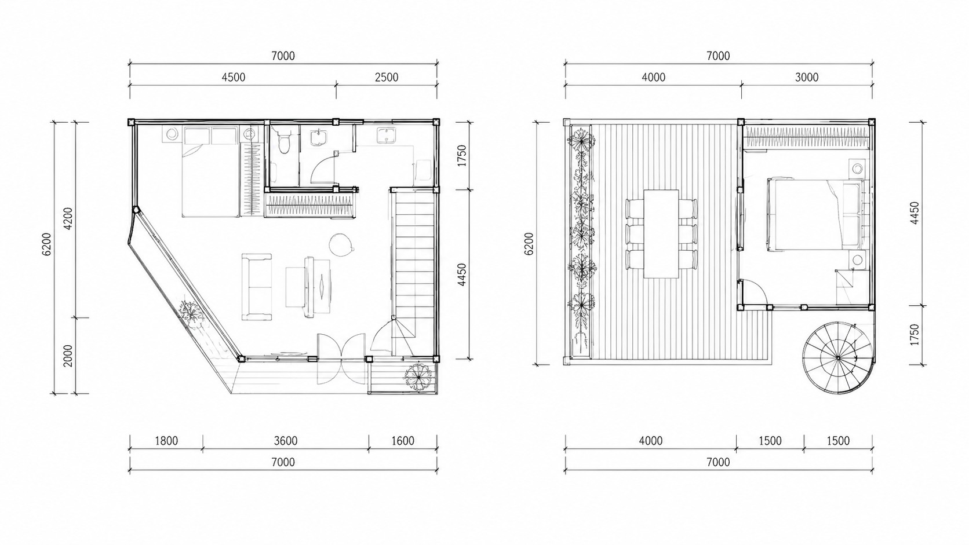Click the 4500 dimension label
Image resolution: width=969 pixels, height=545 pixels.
point(233,78)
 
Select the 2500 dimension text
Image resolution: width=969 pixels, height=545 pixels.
point(387,78)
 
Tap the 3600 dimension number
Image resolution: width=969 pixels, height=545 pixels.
point(286,441)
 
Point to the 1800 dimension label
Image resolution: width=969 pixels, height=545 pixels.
point(166,441)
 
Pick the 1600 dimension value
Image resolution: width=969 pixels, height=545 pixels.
point(403,441)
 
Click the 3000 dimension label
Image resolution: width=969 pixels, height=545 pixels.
point(807,78)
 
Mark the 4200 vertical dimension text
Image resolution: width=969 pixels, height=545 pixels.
point(68,219)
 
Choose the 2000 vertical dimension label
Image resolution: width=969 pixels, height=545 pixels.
point(68,356)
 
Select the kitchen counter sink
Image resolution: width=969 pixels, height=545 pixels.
point(385,135)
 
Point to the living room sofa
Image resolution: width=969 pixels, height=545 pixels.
point(257,287)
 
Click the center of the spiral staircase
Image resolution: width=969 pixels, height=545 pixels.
point(837,359)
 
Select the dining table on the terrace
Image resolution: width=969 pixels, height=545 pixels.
point(661,233)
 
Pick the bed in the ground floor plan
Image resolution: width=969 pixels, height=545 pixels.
point(210,171)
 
